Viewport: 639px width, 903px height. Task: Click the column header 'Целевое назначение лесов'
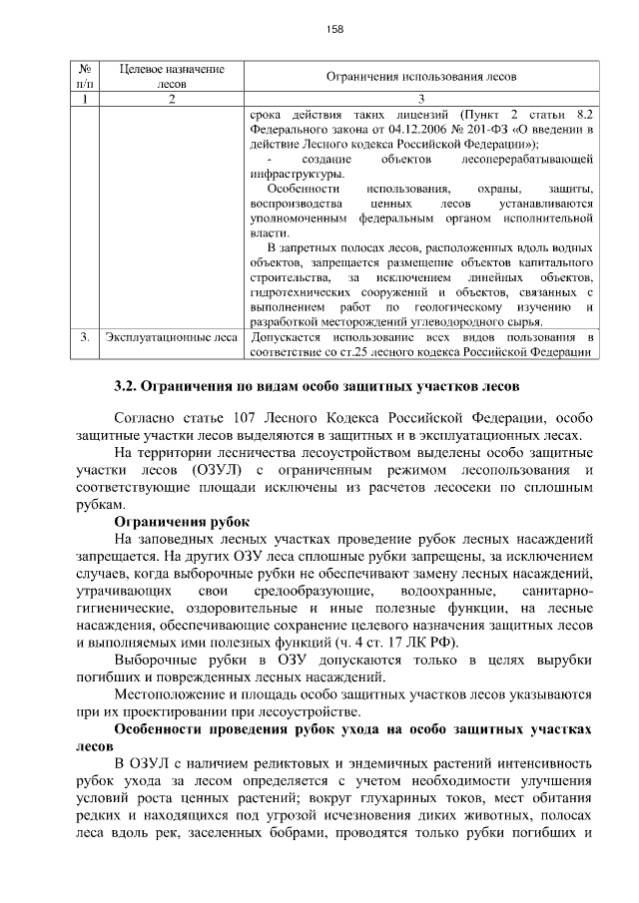(x=171, y=76)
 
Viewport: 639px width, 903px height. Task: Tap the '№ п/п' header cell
(x=86, y=76)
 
